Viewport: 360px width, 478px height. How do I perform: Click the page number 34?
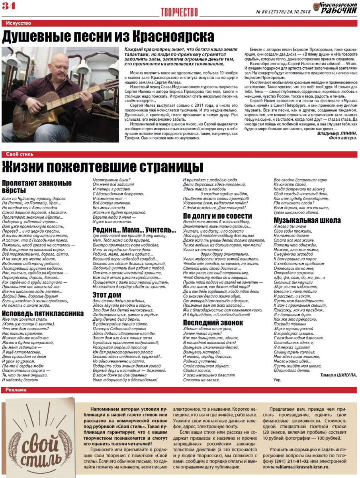[8, 6]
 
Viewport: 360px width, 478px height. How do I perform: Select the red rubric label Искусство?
[19, 24]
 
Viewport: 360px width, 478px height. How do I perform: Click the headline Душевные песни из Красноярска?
[108, 37]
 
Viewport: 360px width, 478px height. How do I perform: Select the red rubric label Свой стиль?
[20, 154]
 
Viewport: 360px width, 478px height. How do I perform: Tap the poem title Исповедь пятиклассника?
[43, 313]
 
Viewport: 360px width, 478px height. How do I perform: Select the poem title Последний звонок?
[211, 323]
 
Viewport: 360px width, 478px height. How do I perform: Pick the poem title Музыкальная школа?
[307, 220]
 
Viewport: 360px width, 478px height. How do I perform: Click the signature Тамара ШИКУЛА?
[338, 375]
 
